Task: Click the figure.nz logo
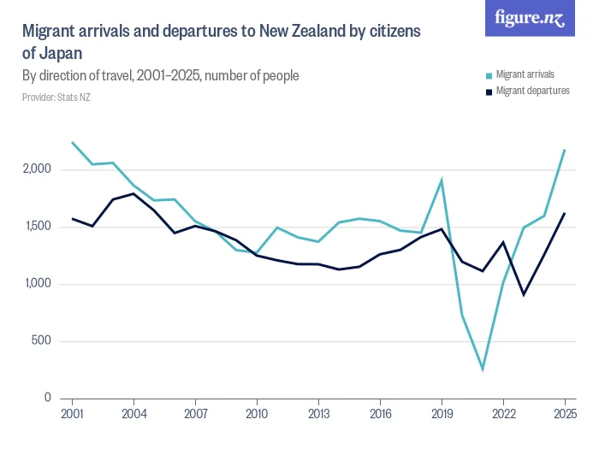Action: pos(530,18)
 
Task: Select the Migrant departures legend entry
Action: pos(531,90)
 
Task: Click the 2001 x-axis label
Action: pos(73,414)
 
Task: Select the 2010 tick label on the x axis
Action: pos(257,414)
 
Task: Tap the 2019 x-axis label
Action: pos(442,414)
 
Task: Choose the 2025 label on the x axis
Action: pos(565,414)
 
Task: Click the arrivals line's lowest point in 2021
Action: pos(483,370)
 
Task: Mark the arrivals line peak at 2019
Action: pos(442,180)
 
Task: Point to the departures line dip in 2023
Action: pos(524,294)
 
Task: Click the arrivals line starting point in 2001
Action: pos(73,143)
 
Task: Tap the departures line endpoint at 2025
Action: pos(565,214)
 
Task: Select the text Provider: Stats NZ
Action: pos(56,97)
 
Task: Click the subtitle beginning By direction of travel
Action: pos(160,76)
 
